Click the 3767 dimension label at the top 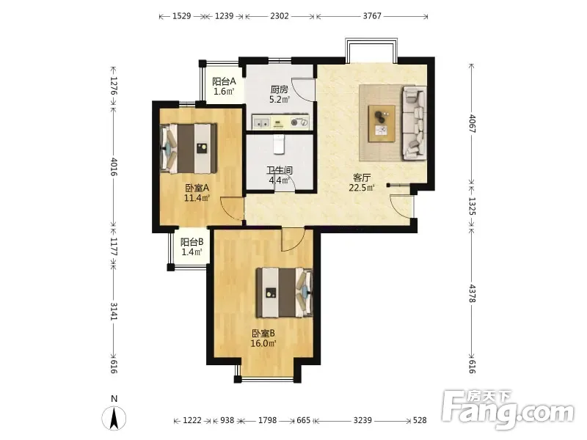point(372,15)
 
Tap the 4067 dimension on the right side point(472,123)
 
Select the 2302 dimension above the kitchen point(280,15)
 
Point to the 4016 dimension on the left point(114,166)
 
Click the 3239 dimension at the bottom point(362,420)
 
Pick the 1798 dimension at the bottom point(267,420)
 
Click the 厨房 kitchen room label point(280,89)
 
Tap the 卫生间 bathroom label point(280,170)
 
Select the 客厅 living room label point(362,177)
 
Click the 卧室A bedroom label point(197,188)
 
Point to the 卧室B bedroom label point(263,333)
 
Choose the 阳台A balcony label point(224,81)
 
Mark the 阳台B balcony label point(192,242)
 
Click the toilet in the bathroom point(279,144)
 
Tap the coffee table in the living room point(382,123)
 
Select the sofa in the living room point(415,123)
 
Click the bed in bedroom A point(189,149)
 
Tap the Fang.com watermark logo point(508,410)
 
